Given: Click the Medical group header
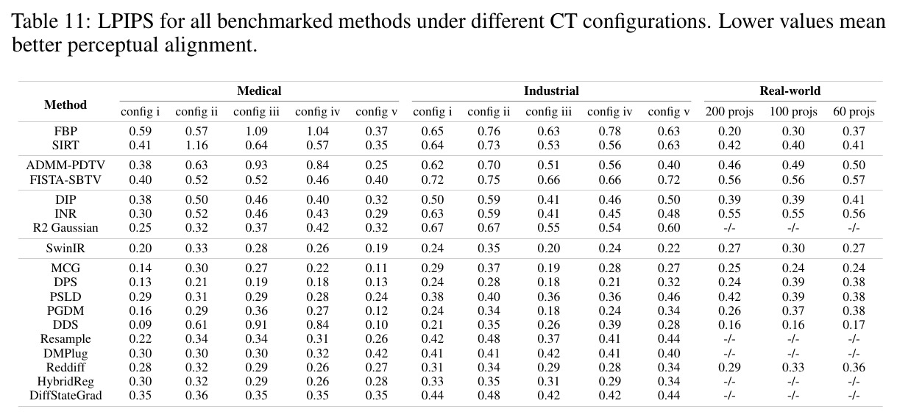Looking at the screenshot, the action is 259,91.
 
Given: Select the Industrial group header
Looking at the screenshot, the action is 551,91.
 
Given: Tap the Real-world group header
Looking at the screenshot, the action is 790,91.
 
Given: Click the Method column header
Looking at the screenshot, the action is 65,105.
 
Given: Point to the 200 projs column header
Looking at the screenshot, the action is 729,112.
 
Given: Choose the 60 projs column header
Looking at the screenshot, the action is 854,112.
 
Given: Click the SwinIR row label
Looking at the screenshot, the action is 65,248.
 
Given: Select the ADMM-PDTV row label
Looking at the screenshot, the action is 65,165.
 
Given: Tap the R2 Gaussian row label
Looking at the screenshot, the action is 65,228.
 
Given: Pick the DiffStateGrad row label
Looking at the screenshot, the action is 65,396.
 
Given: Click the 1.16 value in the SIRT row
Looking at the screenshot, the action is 196,145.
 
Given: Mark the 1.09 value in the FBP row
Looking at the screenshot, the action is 256,131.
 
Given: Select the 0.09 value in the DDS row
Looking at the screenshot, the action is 140,324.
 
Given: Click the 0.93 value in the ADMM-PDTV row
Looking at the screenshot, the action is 256,165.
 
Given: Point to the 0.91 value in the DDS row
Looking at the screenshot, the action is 256,324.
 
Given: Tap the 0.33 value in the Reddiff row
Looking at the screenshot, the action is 793,367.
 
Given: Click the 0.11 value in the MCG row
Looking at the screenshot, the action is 377,268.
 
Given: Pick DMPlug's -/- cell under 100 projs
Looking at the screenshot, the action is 793,354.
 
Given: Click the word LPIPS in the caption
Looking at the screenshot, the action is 126,21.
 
